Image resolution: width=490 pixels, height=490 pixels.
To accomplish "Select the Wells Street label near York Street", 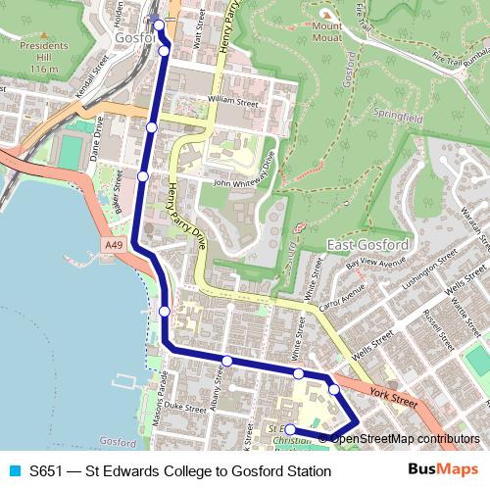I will pos(372,342).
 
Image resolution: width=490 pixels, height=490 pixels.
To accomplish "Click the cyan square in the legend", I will pos(14,471).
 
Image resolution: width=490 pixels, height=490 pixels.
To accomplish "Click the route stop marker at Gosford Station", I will pos(159,24).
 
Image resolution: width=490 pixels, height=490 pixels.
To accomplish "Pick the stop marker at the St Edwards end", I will pos(289,429).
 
